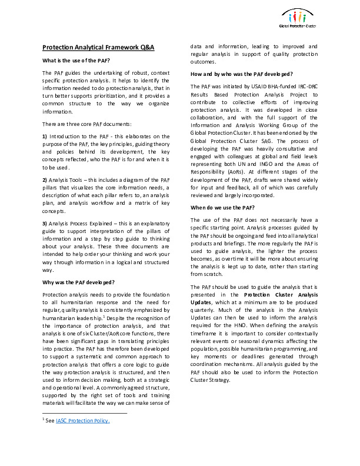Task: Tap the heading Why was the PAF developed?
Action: click(x=78, y=282)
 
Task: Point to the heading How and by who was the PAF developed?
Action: click(x=242, y=74)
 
